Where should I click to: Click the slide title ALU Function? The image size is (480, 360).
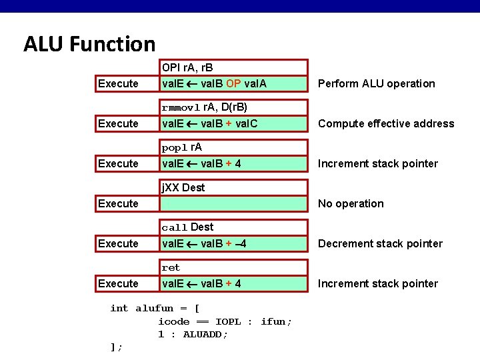pyautogui.click(x=89, y=45)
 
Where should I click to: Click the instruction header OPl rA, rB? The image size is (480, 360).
pyautogui.click(x=187, y=67)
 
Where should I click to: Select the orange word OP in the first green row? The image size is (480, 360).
pyautogui.click(x=233, y=83)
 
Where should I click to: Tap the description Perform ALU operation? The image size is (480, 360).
pyautogui.click(x=376, y=83)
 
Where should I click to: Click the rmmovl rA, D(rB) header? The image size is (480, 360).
pyautogui.click(x=205, y=107)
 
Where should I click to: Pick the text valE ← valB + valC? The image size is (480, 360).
pyautogui.click(x=210, y=123)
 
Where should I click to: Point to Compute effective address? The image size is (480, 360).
pyautogui.click(x=385, y=123)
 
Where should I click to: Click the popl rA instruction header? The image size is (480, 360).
pyautogui.click(x=182, y=147)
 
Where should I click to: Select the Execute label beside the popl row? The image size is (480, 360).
pyautogui.click(x=118, y=163)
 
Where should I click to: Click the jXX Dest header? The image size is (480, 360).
pyautogui.click(x=183, y=187)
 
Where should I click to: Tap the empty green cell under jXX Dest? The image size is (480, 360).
pyautogui.click(x=234, y=203)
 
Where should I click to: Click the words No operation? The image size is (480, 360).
pyautogui.click(x=351, y=203)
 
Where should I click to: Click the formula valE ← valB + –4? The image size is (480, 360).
pyautogui.click(x=205, y=243)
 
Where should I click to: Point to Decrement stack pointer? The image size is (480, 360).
pyautogui.click(x=380, y=243)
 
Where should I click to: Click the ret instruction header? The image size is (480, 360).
pyautogui.click(x=171, y=267)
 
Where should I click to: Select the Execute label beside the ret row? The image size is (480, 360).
pyautogui.click(x=118, y=283)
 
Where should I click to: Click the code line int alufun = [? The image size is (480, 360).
pyautogui.click(x=155, y=308)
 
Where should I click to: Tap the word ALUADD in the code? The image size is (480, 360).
pyautogui.click(x=205, y=334)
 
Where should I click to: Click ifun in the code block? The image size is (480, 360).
pyautogui.click(x=275, y=321)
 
